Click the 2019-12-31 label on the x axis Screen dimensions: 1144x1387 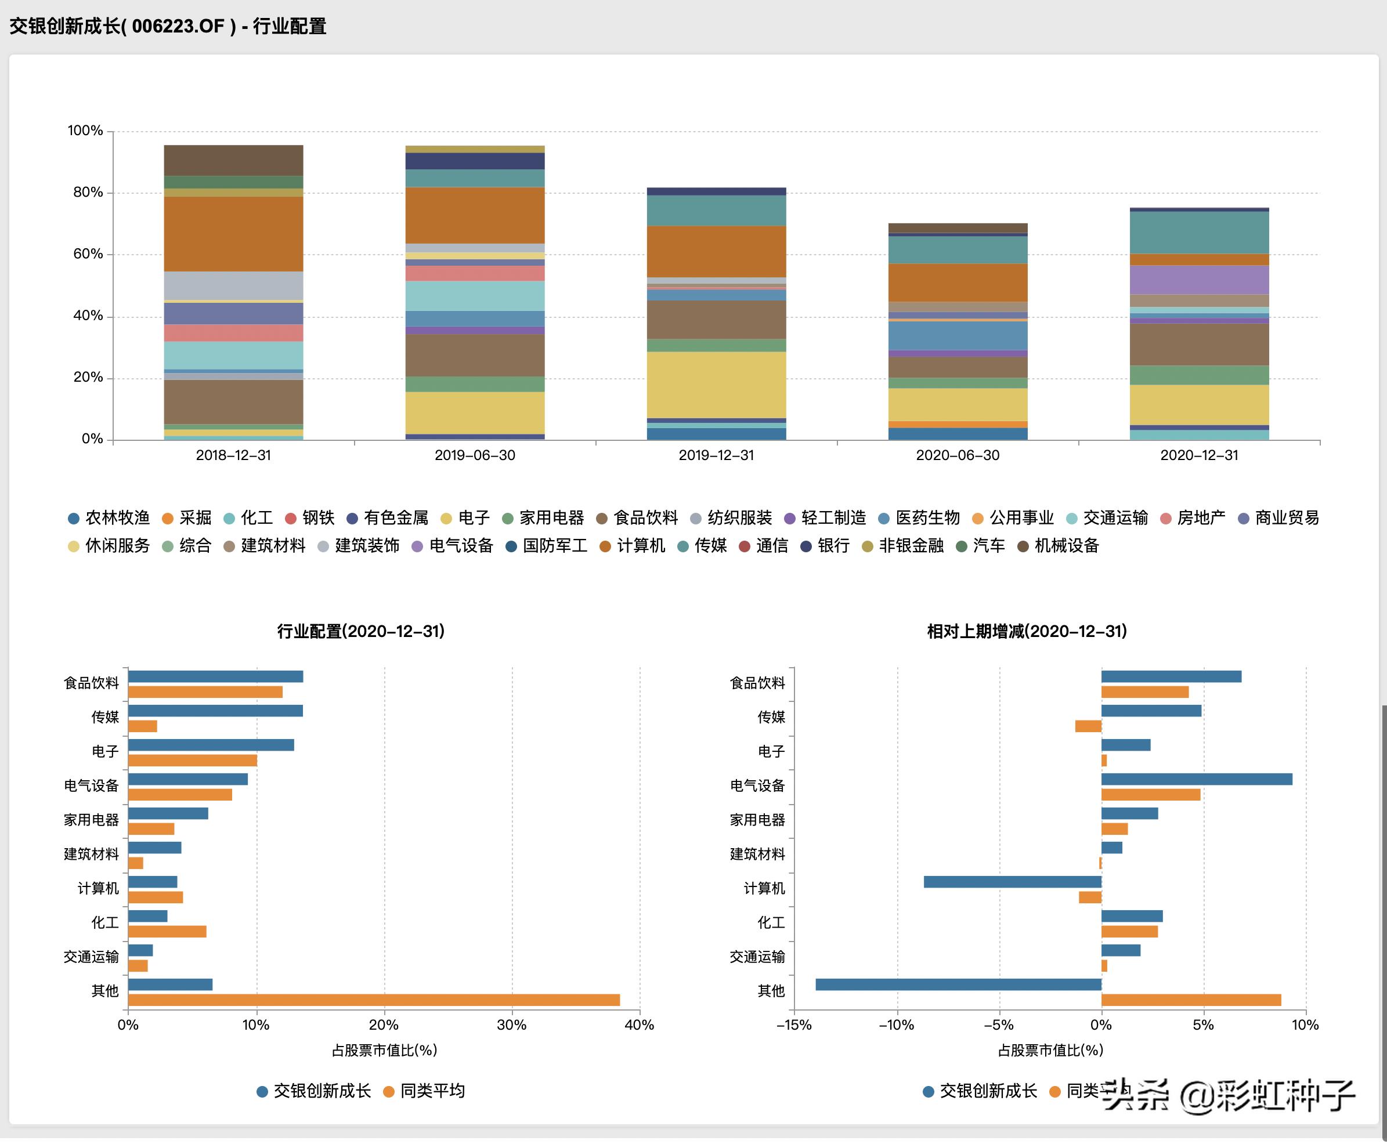[716, 455]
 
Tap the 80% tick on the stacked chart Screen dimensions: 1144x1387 [88, 193]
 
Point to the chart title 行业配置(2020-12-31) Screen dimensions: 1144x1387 [360, 631]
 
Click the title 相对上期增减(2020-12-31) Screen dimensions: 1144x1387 [1027, 631]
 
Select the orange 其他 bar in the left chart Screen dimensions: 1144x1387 [374, 1000]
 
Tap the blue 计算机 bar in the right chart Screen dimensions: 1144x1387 [1013, 882]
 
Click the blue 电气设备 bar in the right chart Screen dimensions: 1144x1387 [1197, 779]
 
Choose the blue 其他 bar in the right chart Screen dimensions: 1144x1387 [959, 984]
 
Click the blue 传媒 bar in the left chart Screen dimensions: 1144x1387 [215, 711]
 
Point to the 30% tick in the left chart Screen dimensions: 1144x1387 [511, 1024]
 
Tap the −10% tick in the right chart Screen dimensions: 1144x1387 [897, 1024]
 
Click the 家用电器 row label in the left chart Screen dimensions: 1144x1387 [91, 820]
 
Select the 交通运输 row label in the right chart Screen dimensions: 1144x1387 [757, 957]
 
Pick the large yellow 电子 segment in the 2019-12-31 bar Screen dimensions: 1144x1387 [716, 385]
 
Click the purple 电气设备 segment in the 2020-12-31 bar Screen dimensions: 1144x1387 [1199, 280]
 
